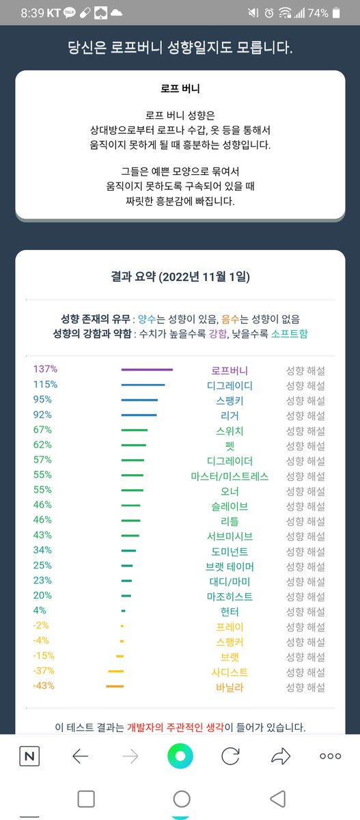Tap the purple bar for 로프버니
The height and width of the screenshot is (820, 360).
(x=146, y=370)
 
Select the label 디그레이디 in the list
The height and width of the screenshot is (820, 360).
(x=230, y=385)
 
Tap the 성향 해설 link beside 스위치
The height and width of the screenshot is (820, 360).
(x=305, y=430)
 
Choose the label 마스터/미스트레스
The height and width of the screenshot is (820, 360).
(x=230, y=476)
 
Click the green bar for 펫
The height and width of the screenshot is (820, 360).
(x=133, y=446)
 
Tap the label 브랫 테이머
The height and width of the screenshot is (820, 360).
(x=230, y=566)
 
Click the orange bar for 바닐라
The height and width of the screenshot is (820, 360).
(x=115, y=686)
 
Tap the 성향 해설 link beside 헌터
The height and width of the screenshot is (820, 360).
(x=305, y=611)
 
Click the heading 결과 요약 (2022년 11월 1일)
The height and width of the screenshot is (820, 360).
(x=180, y=277)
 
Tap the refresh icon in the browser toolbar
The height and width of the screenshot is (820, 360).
(x=230, y=756)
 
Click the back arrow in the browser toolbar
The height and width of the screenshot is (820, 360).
(x=81, y=756)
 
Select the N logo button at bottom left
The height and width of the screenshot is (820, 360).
(x=29, y=756)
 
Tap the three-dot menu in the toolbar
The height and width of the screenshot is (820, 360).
(x=331, y=756)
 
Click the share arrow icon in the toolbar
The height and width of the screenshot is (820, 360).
(x=281, y=756)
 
